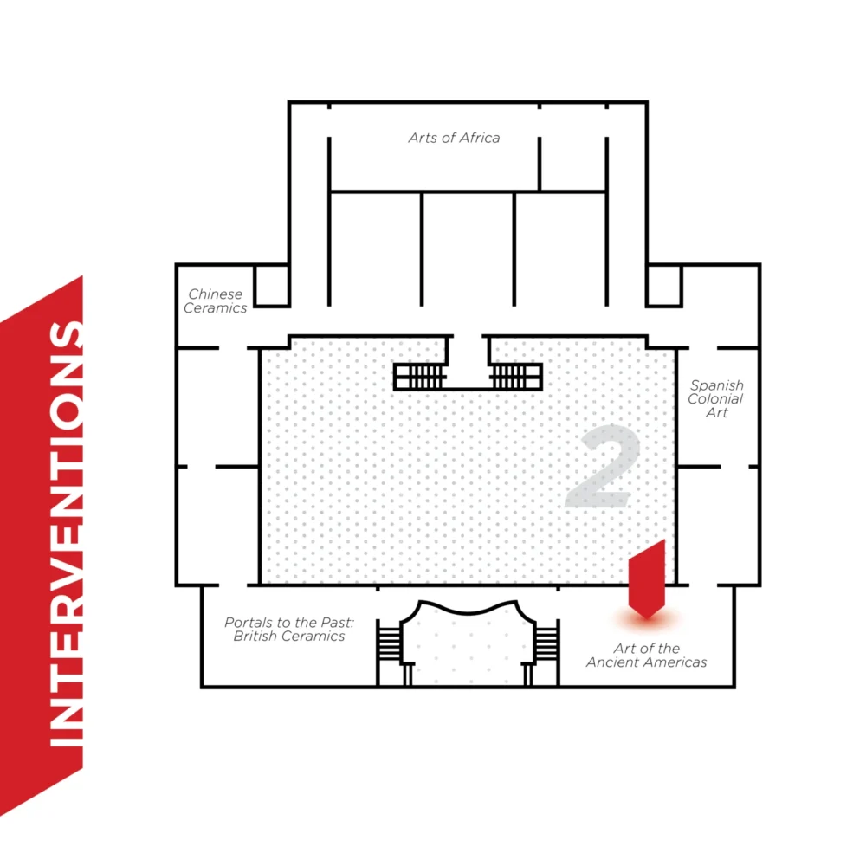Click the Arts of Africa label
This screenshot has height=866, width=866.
454,138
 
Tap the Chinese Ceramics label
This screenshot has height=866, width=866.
216,301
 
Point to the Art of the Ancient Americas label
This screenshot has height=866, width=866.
646,656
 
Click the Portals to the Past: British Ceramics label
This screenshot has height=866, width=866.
285,630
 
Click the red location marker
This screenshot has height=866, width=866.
646,578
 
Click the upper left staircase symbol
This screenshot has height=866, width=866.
420,377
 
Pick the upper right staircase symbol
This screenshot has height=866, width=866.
516,377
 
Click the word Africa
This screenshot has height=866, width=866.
479,138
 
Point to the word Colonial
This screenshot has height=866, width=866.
716,399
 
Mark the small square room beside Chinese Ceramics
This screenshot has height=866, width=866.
271,286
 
